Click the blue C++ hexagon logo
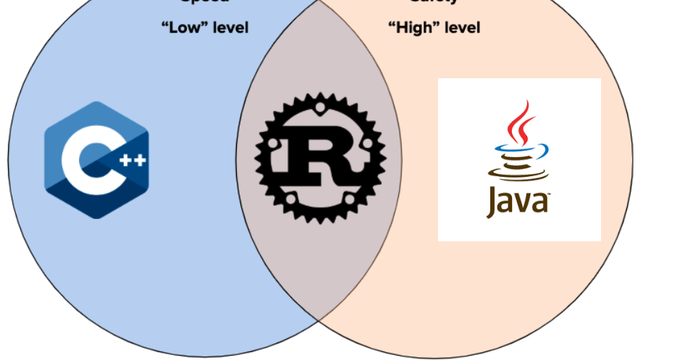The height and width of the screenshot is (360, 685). click(x=96, y=160)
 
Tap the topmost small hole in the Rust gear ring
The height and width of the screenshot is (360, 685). click(x=319, y=109)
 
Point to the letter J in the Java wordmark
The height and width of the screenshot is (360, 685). click(x=492, y=203)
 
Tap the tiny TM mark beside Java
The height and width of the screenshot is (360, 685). click(x=548, y=194)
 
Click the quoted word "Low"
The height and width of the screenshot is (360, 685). click(x=183, y=28)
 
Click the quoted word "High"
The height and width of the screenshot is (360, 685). click(x=411, y=28)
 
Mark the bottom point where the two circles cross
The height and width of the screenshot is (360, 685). click(x=319, y=319)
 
